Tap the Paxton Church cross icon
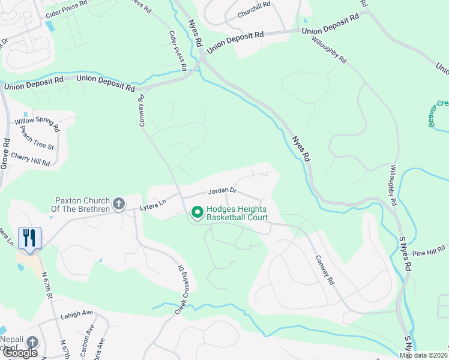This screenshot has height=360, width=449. (x=119, y=204)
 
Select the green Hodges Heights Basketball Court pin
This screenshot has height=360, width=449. (x=196, y=212)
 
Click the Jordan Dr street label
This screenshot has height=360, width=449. (x=223, y=191)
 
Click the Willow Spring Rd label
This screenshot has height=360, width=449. (x=37, y=124)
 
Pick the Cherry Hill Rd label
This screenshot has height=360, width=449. (x=31, y=159)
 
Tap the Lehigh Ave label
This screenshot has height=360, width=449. (x=76, y=313)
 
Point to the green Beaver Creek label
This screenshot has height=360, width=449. (x=438, y=112)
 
